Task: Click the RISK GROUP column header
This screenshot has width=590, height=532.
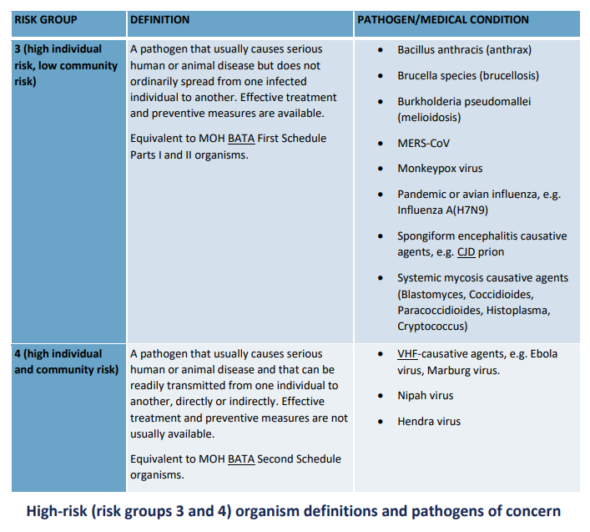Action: pos(43,19)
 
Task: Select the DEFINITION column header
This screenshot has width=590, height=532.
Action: pos(159,19)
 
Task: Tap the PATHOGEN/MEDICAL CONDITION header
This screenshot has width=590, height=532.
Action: pos(442,19)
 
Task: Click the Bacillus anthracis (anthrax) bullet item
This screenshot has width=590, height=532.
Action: pos(464,50)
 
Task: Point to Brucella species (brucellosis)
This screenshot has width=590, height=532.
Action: pos(468,76)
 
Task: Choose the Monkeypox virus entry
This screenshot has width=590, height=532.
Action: pos(440,169)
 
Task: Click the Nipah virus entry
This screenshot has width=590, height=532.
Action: pos(426,396)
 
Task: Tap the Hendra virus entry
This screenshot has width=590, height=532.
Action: pos(429,422)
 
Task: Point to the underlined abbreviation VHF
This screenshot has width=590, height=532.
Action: pos(409,354)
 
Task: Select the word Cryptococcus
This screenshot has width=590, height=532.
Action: pos(432,327)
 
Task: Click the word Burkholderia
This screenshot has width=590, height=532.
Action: pos(434,102)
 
